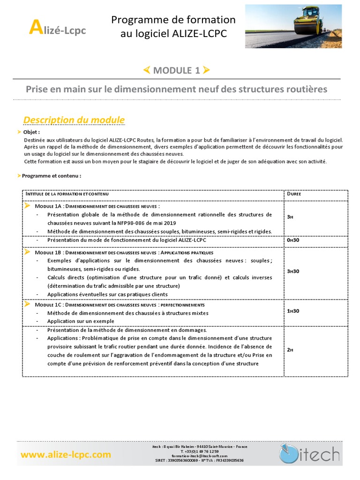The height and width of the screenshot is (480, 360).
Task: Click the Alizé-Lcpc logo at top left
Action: click(x=57, y=30)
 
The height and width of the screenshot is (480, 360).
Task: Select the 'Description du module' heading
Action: click(x=74, y=120)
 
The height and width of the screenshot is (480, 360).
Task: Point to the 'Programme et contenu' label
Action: click(x=52, y=176)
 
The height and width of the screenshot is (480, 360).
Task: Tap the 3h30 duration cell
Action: click(x=293, y=271)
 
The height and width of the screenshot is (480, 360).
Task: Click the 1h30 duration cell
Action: click(x=293, y=310)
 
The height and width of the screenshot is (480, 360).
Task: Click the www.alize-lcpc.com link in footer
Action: click(x=66, y=454)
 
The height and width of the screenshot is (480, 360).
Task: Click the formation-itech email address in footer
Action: click(x=199, y=456)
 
